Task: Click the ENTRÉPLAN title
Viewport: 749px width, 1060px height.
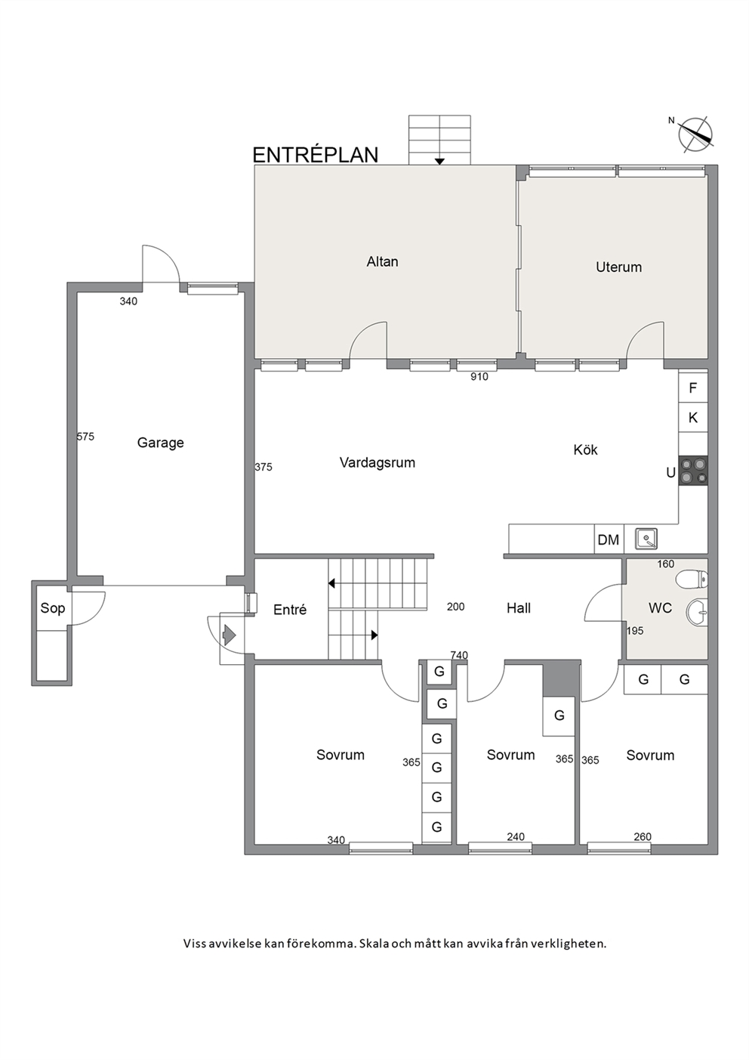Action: click(x=316, y=155)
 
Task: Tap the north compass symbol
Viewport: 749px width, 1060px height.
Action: click(x=694, y=135)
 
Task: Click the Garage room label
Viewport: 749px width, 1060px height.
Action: click(x=160, y=443)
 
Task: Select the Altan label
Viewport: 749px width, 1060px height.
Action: click(x=382, y=261)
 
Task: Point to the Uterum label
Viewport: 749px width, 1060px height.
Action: click(x=618, y=267)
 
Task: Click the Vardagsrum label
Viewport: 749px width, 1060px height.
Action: click(x=378, y=462)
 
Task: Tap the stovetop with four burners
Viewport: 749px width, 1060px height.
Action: click(x=693, y=471)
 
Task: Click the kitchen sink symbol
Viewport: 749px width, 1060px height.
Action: click(x=646, y=539)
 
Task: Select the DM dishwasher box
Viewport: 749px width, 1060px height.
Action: click(x=609, y=539)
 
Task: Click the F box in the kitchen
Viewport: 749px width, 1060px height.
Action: click(x=693, y=388)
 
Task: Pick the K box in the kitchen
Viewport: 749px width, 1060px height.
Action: click(x=693, y=417)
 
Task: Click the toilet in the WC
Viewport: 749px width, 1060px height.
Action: click(x=692, y=579)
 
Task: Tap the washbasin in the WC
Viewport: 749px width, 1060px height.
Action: click(x=696, y=611)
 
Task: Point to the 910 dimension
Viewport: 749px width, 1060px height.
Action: click(x=479, y=377)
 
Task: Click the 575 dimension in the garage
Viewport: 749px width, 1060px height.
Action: click(x=85, y=436)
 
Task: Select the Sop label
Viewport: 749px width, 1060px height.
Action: click(x=53, y=608)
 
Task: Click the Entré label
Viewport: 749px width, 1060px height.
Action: click(x=290, y=610)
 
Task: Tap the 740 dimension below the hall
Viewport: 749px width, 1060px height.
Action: click(x=459, y=655)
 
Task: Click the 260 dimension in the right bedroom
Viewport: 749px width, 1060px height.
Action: click(x=643, y=836)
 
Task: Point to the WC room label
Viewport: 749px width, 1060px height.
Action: click(x=660, y=607)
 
